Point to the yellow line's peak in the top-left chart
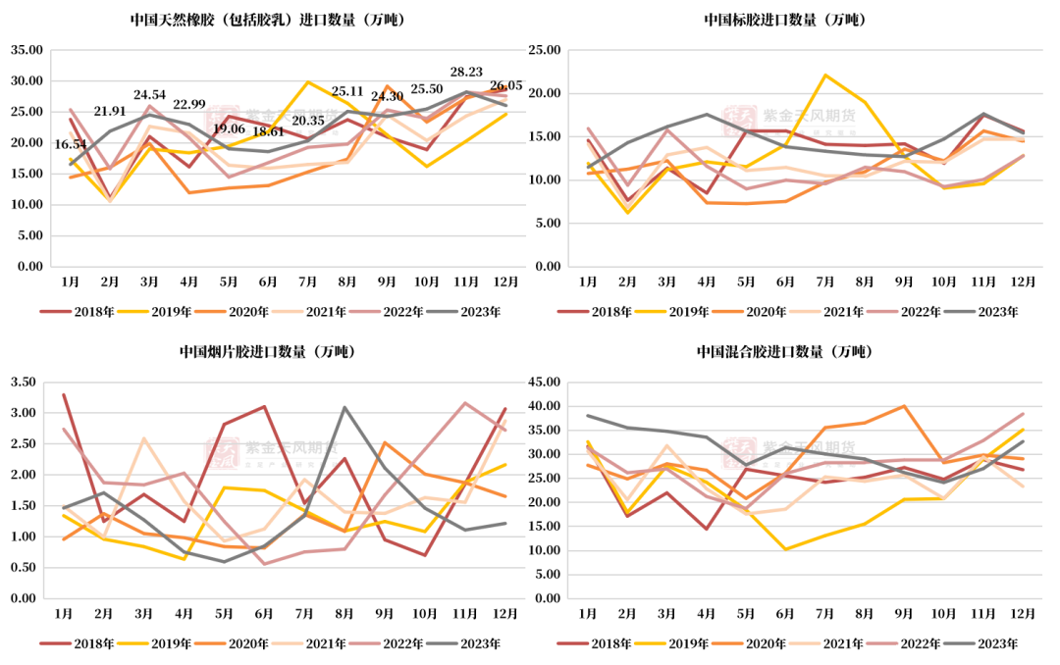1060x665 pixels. click(x=308, y=81)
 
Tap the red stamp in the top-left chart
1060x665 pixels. click(x=222, y=120)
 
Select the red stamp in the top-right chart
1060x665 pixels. click(x=740, y=120)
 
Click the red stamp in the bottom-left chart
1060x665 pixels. click(x=222, y=452)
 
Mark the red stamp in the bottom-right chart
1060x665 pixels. click(x=740, y=452)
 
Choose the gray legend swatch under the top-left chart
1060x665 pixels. click(x=443, y=312)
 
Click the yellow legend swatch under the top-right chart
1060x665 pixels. click(x=651, y=312)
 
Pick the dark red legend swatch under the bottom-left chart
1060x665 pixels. click(x=55, y=643)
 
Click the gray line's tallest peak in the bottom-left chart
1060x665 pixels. click(x=344, y=407)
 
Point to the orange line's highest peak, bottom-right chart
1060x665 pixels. click(x=904, y=405)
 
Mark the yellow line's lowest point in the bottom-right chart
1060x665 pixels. click(x=787, y=549)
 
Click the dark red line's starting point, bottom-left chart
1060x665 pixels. click(x=64, y=394)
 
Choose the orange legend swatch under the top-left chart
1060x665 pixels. click(x=210, y=312)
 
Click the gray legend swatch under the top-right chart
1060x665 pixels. click(x=960, y=312)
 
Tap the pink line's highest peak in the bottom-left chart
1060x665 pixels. click(x=464, y=402)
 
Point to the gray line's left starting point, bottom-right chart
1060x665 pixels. click(x=587, y=415)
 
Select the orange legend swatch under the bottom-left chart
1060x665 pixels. click(x=210, y=643)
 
